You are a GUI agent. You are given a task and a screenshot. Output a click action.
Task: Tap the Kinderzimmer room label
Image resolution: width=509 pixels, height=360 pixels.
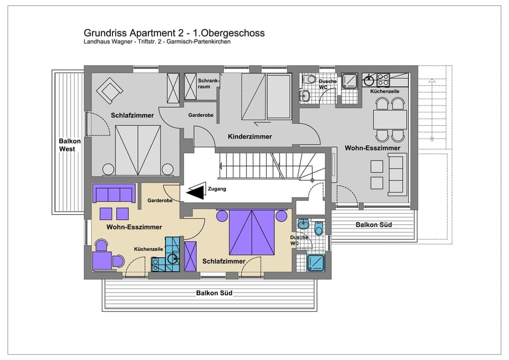(250, 137)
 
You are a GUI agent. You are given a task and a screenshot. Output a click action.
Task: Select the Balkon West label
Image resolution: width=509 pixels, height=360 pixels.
(70, 145)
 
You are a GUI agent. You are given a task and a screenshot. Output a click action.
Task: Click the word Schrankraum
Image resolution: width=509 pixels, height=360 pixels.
(205, 83)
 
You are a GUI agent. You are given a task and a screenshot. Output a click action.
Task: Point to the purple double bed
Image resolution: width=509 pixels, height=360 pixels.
(252, 232)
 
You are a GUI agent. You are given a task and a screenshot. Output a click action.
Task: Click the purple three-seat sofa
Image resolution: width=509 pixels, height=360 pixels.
(113, 193)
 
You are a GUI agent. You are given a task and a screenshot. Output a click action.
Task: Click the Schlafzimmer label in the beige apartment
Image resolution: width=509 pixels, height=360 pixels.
(224, 261)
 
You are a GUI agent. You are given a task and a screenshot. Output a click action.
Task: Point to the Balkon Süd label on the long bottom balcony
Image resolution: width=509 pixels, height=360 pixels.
(214, 293)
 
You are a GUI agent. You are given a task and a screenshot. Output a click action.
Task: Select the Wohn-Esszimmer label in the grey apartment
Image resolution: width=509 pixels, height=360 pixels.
(372, 148)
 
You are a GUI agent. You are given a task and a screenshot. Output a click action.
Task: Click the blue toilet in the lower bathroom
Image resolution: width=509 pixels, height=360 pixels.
(319, 229)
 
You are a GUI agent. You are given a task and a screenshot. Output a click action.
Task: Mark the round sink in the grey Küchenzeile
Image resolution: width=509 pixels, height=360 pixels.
(369, 81)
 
